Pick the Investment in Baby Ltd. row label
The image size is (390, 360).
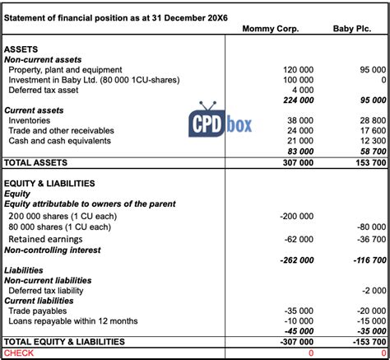tap(94, 80)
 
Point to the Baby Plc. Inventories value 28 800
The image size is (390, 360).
tap(370, 120)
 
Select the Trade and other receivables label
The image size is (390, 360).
tap(60, 130)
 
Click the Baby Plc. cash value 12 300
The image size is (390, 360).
tap(370, 140)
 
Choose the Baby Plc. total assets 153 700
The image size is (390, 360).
tap(369, 163)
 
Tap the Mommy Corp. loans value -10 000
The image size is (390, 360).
tap(297, 320)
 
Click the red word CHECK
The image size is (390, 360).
tap(19, 353)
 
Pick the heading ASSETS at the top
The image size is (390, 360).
tap(21, 49)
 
